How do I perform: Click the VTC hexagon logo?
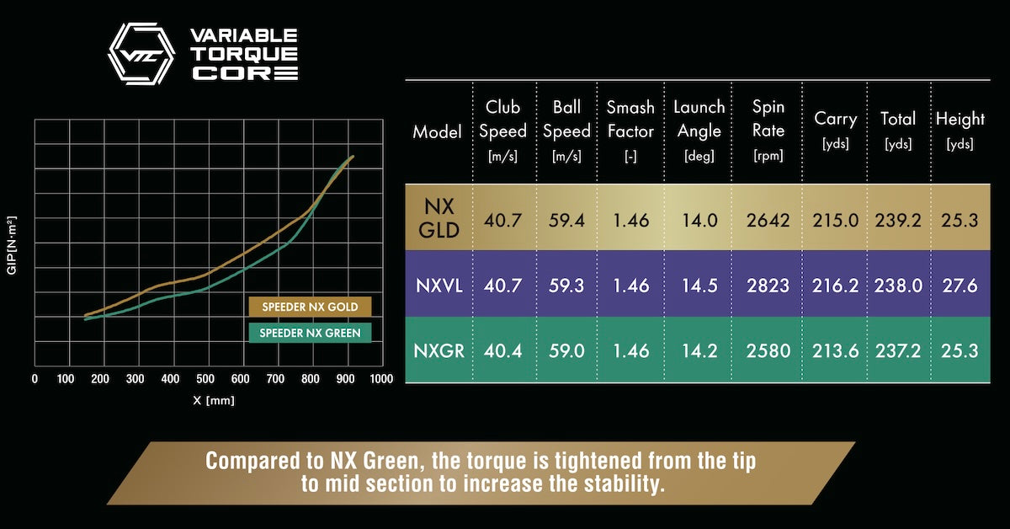coord(141,54)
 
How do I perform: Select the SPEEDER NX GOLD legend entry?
coord(310,307)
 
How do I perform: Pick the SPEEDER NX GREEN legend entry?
coord(310,333)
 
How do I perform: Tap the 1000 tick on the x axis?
coord(381,379)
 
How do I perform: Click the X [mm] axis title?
coord(214,400)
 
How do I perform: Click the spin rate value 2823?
coord(768,286)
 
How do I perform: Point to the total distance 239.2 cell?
coord(898,220)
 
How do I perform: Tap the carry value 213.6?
coord(835,350)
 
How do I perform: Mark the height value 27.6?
coord(961,286)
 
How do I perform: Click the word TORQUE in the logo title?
coord(243,54)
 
